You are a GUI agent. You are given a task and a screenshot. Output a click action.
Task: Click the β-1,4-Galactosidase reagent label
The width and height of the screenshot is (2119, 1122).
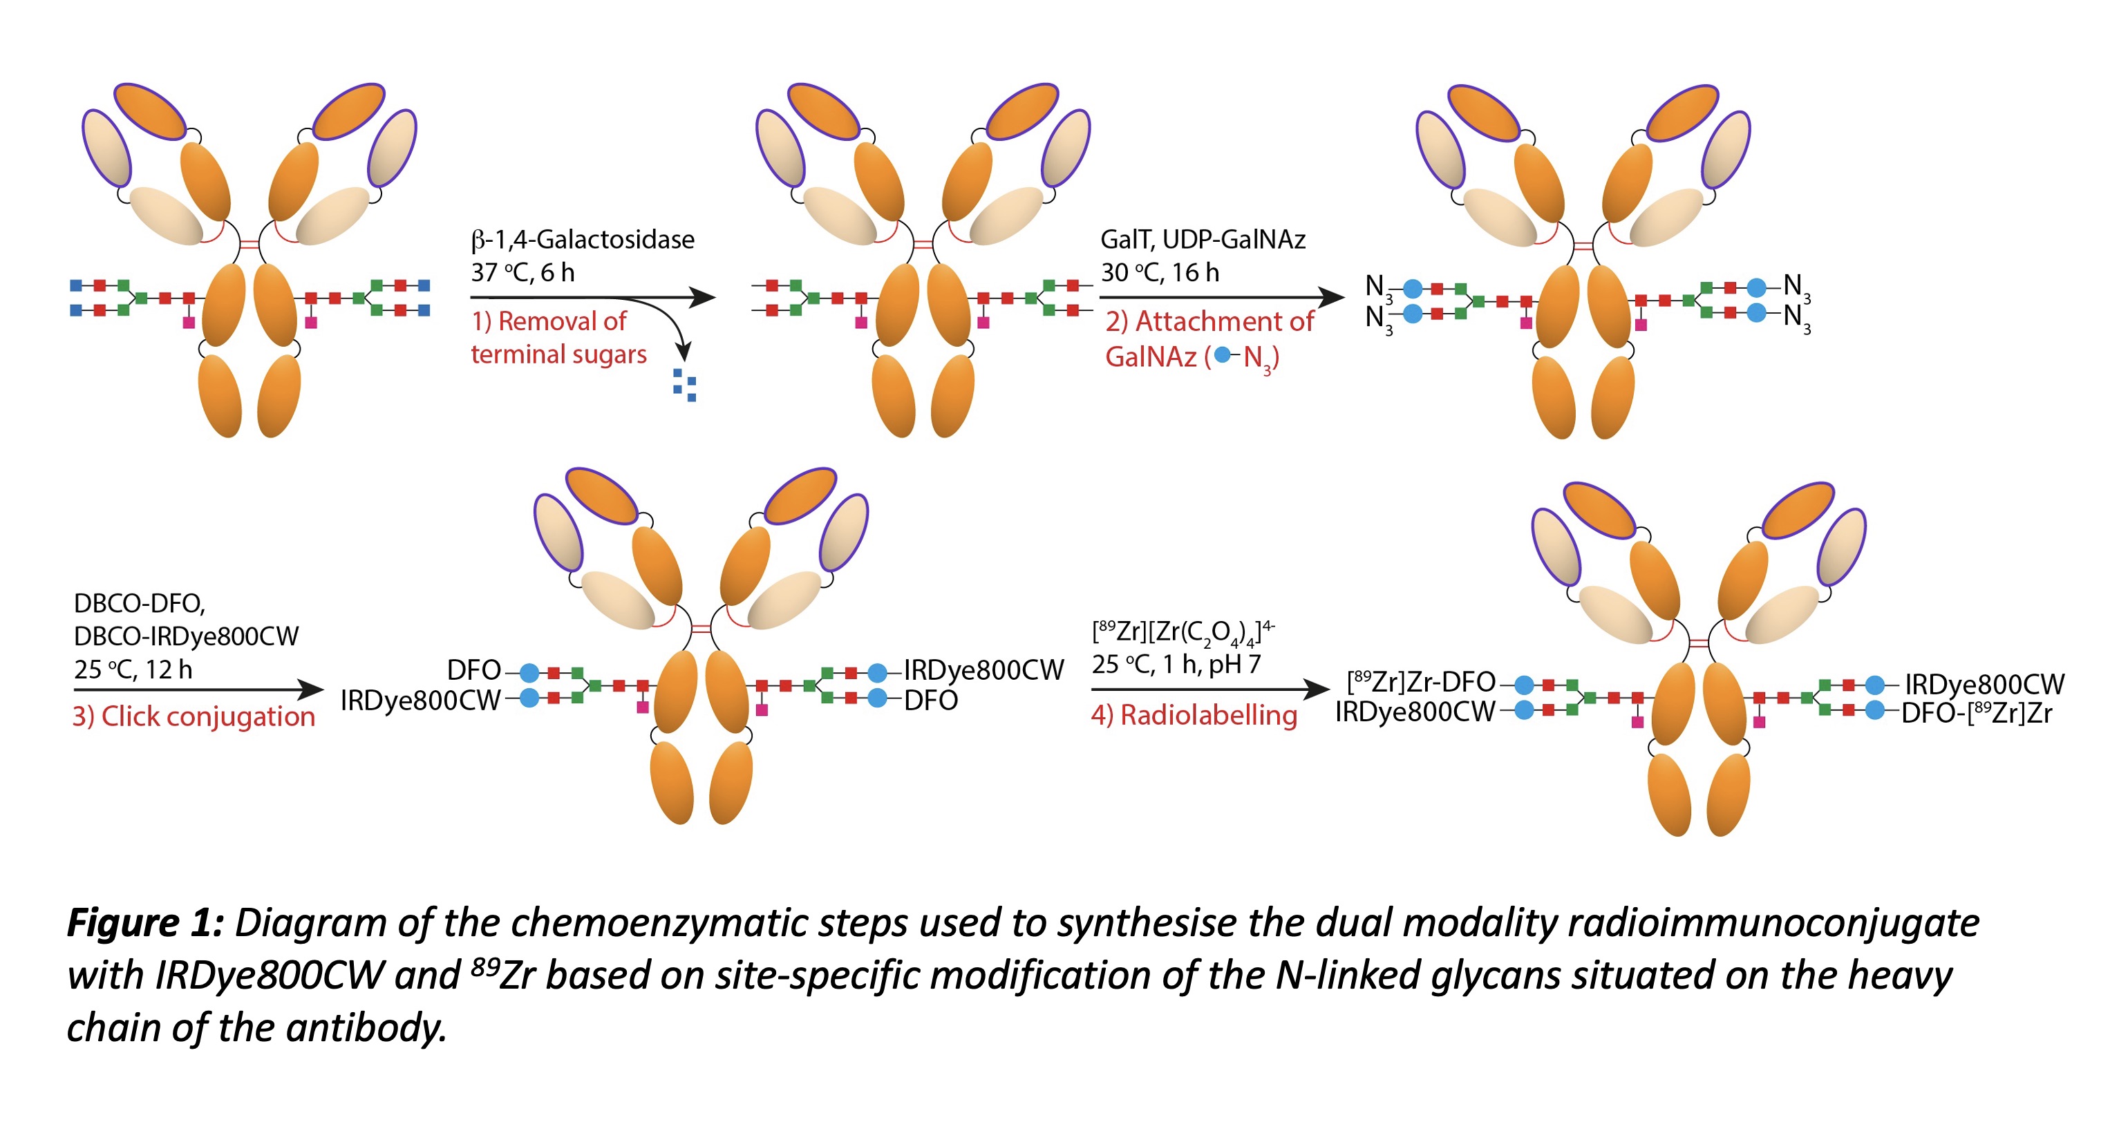point(583,239)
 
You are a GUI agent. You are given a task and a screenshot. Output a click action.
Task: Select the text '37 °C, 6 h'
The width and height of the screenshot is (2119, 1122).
point(522,272)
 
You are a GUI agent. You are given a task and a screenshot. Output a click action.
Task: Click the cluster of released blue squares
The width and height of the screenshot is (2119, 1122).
point(684,385)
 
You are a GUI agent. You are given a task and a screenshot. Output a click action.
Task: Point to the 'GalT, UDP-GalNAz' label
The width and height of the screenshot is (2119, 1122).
point(1203,239)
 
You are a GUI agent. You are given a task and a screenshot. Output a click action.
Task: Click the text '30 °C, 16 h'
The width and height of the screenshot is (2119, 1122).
point(1160,272)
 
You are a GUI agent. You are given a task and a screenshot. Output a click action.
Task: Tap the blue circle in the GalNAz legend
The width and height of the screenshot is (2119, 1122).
point(1223,355)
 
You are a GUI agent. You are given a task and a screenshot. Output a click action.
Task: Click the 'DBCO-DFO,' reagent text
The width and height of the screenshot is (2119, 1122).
point(139,604)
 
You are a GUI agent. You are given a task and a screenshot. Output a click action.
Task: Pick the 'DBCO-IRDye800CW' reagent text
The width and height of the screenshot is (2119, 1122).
point(186,637)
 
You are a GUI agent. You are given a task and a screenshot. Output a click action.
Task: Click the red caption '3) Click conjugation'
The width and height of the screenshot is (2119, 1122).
point(194,716)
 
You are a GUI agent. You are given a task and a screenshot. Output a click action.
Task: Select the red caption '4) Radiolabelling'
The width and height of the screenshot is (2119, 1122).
point(1194,715)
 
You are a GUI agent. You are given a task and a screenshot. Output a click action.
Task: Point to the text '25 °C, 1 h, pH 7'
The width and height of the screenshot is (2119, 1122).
point(1176,665)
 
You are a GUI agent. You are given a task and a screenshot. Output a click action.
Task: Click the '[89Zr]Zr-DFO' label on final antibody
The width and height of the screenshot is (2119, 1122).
point(1421,682)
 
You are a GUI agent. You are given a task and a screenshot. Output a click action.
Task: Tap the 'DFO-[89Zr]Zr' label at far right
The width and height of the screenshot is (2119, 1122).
point(1977,712)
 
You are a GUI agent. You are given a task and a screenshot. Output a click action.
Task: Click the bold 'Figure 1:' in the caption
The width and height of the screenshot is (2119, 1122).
point(144,923)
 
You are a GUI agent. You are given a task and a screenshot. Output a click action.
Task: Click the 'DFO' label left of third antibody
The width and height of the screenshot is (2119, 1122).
point(474,670)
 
